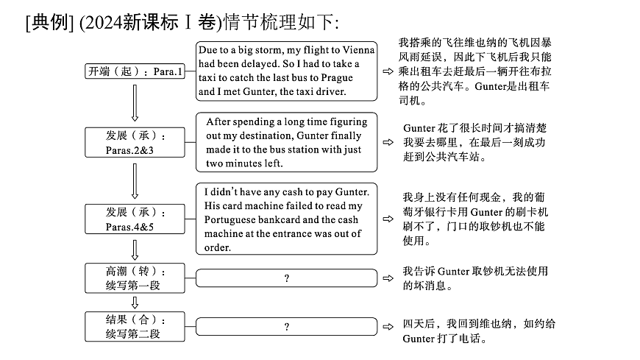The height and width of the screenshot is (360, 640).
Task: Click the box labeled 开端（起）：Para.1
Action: [135, 72]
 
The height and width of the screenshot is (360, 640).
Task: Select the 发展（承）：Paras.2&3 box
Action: [135, 144]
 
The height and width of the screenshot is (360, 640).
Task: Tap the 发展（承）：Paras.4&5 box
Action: [135, 219]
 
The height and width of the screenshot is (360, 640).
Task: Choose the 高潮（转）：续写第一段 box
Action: [135, 278]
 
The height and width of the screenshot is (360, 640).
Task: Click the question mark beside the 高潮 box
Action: [286, 278]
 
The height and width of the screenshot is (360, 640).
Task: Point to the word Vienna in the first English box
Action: [358, 49]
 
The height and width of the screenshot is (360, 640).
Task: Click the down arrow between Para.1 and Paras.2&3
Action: [135, 102]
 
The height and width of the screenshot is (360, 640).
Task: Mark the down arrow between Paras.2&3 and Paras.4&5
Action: [135, 180]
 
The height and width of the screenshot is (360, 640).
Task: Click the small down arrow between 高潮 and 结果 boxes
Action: [135, 302]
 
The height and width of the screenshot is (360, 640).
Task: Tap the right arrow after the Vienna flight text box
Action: [387, 71]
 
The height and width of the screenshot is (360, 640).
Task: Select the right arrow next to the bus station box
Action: [387, 142]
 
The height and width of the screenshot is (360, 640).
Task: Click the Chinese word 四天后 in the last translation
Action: [418, 324]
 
